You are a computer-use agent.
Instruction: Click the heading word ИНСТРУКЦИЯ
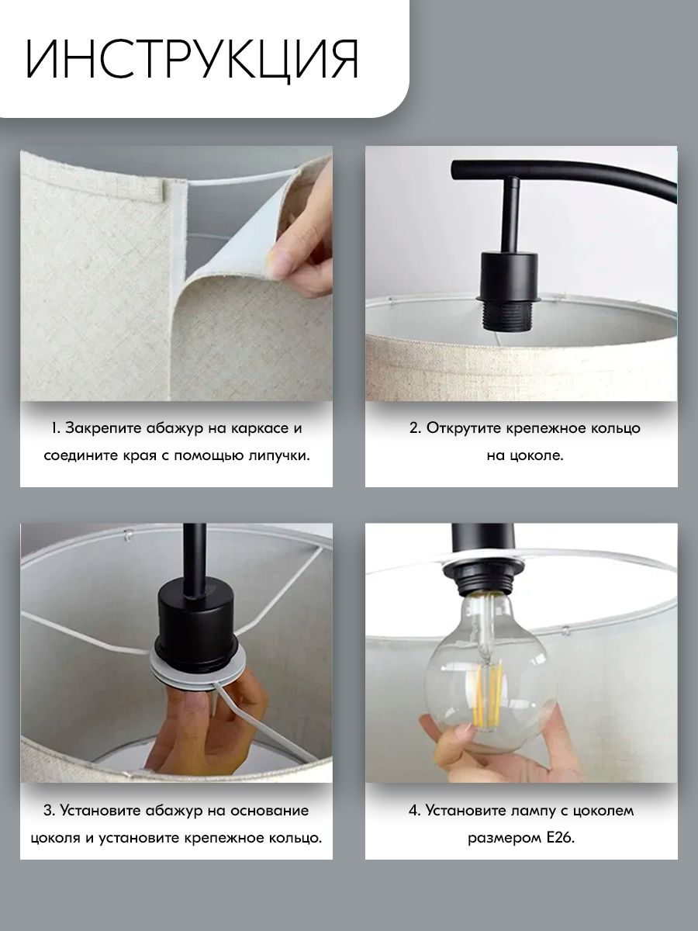(192, 60)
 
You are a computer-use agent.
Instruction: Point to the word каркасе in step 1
(258, 428)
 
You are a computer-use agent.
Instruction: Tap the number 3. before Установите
(49, 811)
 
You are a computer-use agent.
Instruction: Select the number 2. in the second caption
(415, 428)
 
